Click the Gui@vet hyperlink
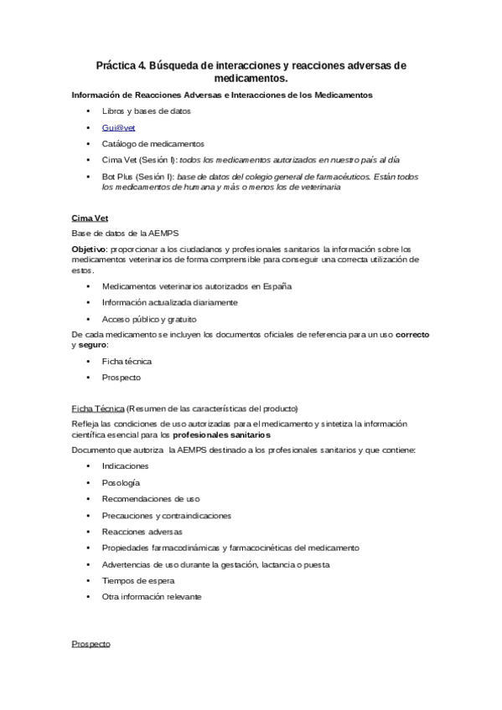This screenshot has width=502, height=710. pos(118,127)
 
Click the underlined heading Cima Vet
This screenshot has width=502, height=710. pos(91,218)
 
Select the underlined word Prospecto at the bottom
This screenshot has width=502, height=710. pos(91,646)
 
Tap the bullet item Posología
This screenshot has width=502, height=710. pos(121,482)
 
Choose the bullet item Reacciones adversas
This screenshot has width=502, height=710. pos(142,532)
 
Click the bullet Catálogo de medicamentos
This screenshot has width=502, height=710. pos(153,143)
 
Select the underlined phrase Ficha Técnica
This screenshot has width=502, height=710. pos(98,409)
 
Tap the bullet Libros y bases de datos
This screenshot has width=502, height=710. pos(147,111)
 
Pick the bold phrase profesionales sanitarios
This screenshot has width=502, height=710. pos(221,435)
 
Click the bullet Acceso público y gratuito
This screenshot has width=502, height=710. pos(149,319)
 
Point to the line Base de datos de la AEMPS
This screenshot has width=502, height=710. pos(124,233)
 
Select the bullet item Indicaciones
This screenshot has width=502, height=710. pos(125,466)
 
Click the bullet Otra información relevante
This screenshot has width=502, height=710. pos(152,597)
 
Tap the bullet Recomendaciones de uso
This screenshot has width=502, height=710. pos(151,499)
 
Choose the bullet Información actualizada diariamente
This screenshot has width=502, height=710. pos(170,302)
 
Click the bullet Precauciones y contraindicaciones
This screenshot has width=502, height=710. pos(167,515)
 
